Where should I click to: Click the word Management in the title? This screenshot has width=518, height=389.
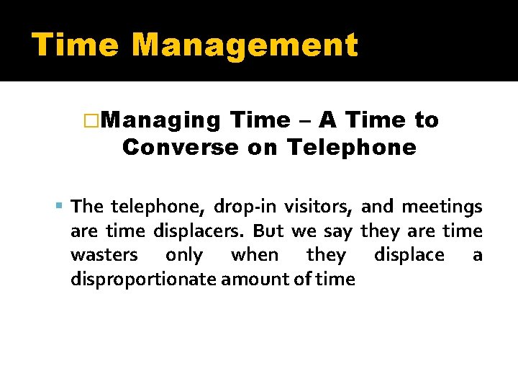pyautogui.click(x=245, y=45)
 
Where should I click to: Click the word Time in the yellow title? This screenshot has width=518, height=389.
pyautogui.click(x=75, y=45)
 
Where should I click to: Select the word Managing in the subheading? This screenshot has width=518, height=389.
pyautogui.click(x=162, y=120)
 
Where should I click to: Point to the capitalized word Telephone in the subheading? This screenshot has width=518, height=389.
pyautogui.click(x=351, y=148)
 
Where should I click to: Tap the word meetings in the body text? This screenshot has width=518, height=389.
pyautogui.click(x=442, y=207)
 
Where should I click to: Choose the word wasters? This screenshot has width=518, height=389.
pyautogui.click(x=104, y=256)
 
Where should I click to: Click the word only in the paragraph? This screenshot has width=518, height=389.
pyautogui.click(x=183, y=256)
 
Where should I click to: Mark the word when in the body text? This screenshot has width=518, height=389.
pyautogui.click(x=254, y=256)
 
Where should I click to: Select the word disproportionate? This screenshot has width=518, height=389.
pyautogui.click(x=143, y=280)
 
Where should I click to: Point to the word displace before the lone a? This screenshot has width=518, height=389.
pyautogui.click(x=409, y=256)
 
